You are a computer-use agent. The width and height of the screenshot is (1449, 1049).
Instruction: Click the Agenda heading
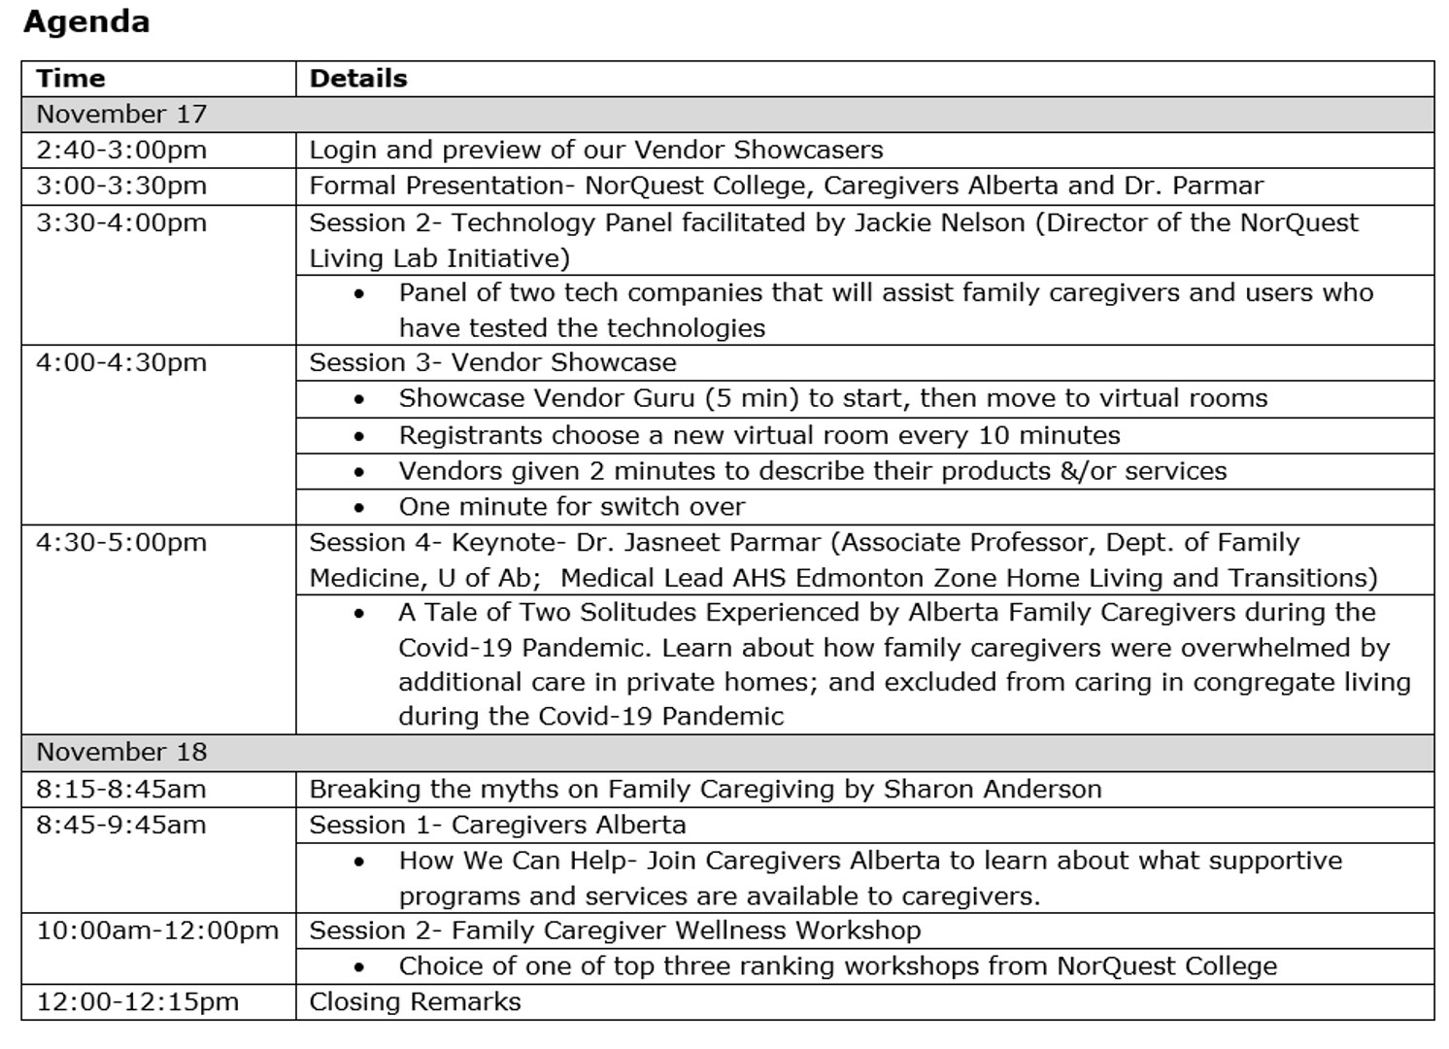click(x=86, y=22)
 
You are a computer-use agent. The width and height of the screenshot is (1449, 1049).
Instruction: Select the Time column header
click(x=71, y=79)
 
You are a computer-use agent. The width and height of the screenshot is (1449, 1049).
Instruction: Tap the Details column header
click(x=358, y=79)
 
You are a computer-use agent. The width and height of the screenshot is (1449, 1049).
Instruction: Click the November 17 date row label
click(x=121, y=115)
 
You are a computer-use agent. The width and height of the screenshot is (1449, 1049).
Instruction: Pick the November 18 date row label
click(x=121, y=753)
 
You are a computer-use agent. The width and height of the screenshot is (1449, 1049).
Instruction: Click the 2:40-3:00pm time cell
click(x=121, y=151)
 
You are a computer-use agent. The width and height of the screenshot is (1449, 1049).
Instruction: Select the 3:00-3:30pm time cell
click(x=121, y=186)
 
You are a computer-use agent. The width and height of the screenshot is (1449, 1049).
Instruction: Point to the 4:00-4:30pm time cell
click(x=121, y=363)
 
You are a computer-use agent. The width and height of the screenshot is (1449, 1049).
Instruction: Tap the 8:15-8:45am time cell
click(x=121, y=789)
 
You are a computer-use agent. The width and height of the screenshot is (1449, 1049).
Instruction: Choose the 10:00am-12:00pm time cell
click(x=157, y=931)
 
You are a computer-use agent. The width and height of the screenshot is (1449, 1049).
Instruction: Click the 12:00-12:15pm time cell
click(x=137, y=1002)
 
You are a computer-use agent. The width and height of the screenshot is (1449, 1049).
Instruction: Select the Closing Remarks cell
click(x=415, y=1002)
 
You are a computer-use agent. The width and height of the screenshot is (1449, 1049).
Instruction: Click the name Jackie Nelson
click(x=939, y=223)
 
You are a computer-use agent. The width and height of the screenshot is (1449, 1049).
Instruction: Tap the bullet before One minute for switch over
click(x=359, y=508)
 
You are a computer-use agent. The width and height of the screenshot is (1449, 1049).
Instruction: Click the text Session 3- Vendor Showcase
click(x=492, y=363)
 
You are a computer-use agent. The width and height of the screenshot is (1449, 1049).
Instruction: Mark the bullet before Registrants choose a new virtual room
click(x=359, y=436)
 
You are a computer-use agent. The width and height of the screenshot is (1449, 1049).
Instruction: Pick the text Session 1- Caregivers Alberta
click(x=497, y=826)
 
